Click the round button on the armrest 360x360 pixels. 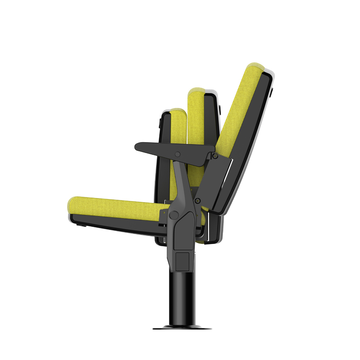click(178, 154)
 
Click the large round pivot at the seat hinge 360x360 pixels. click(174, 215)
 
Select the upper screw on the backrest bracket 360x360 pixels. click(216, 156)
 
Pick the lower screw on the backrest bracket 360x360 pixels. click(198, 200)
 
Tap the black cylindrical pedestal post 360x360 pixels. click(182, 297)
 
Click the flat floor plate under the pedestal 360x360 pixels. click(182, 328)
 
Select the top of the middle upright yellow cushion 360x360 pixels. click(196, 90)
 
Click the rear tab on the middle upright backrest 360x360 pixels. click(220, 108)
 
